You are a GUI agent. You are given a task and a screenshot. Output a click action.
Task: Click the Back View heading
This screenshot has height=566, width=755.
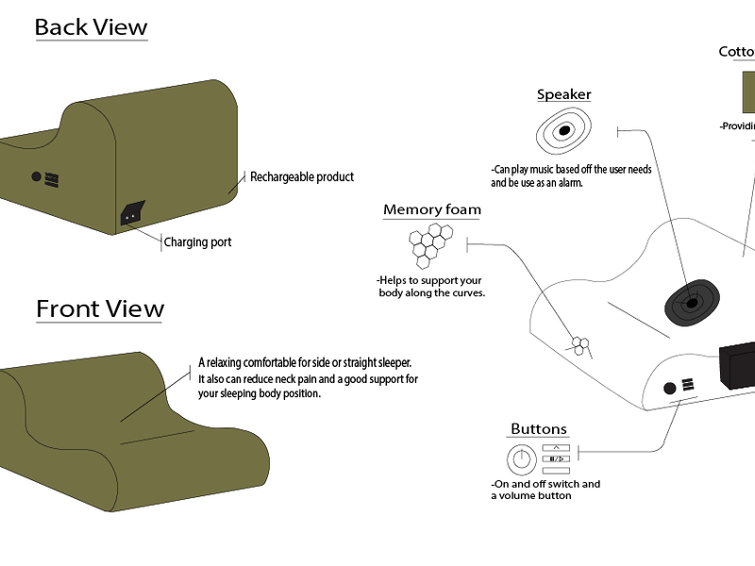(91, 26)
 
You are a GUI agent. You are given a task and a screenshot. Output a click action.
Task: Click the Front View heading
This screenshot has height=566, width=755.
(100, 308)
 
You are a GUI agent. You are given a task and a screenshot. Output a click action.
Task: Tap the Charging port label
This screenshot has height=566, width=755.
(197, 242)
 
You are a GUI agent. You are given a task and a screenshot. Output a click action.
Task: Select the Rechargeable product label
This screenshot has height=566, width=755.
(302, 176)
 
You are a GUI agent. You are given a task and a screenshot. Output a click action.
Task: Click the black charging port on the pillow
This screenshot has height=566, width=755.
(131, 214)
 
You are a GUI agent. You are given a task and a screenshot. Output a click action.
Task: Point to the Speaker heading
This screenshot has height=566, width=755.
(563, 94)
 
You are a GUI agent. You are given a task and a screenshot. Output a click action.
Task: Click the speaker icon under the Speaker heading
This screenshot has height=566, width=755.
(563, 131)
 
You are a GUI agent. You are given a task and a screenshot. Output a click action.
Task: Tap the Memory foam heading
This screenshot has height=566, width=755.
(431, 209)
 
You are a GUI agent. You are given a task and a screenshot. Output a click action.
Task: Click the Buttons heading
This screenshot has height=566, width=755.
(538, 429)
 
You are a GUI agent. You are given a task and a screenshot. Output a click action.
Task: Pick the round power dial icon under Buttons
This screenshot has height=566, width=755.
(520, 459)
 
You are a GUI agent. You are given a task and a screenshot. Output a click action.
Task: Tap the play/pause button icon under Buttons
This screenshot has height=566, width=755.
(557, 458)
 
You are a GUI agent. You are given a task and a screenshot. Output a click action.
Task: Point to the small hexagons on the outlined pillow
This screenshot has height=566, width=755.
(579, 345)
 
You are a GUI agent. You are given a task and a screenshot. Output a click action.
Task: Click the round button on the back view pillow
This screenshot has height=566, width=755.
(38, 176)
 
